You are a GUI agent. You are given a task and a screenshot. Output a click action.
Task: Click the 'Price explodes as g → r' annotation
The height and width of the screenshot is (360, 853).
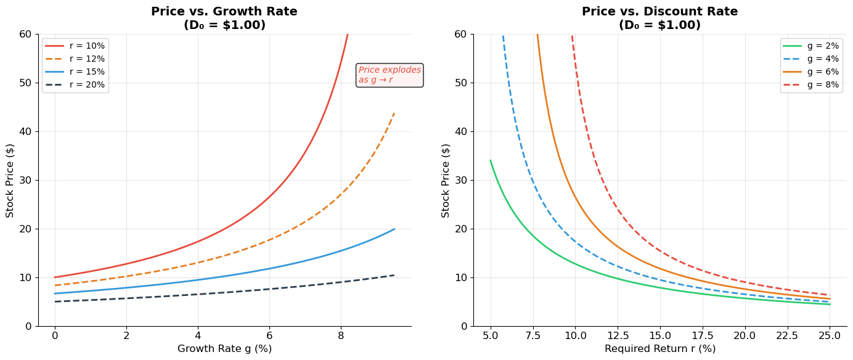[x=390, y=75]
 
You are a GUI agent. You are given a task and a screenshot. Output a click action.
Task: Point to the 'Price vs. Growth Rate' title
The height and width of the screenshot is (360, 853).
[x=224, y=12]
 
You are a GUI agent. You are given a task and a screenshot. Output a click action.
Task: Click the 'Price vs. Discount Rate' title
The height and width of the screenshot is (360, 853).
[x=659, y=12]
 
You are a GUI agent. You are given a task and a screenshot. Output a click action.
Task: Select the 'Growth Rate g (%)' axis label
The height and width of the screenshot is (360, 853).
[x=224, y=349]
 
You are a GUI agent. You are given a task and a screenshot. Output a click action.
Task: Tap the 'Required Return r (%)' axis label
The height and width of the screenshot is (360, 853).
[x=659, y=349]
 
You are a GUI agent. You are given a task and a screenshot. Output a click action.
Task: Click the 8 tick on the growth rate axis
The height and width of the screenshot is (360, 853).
[x=341, y=336]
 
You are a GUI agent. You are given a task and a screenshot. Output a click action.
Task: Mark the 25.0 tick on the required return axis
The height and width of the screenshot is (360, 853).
[x=829, y=336]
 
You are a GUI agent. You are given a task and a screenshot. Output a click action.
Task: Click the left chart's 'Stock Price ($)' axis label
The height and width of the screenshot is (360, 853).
[x=10, y=180]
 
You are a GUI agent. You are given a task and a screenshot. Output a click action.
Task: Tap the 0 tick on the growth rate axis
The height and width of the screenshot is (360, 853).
[x=55, y=336]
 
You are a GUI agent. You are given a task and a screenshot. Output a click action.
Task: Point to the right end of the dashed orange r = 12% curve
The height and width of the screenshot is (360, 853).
[x=394, y=113]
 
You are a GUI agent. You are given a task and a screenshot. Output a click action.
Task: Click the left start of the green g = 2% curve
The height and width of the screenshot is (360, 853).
[x=491, y=161]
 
